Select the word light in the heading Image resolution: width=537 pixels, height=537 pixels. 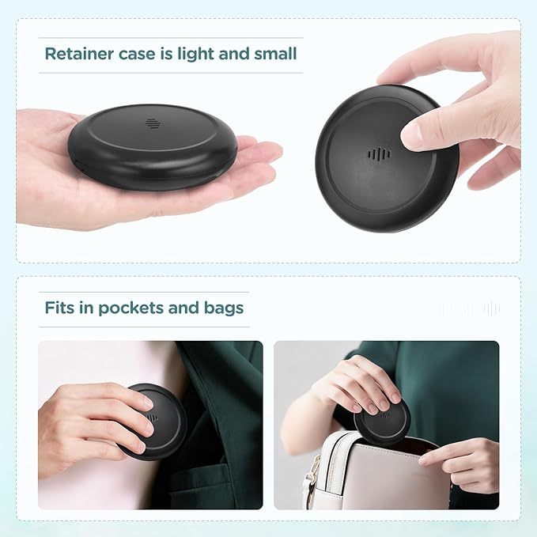195,55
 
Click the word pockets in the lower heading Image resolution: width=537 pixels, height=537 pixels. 130,308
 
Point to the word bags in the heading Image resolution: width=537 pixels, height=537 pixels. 224,308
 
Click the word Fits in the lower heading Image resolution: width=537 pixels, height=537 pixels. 59,308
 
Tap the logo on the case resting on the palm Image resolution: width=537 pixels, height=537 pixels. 152,123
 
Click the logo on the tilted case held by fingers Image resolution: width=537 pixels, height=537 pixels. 380,155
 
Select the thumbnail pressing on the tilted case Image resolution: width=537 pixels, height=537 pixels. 412,134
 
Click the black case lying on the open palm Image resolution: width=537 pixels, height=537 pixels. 153,147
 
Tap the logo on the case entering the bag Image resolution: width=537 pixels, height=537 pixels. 385,415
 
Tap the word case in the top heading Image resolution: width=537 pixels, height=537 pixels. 137,55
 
